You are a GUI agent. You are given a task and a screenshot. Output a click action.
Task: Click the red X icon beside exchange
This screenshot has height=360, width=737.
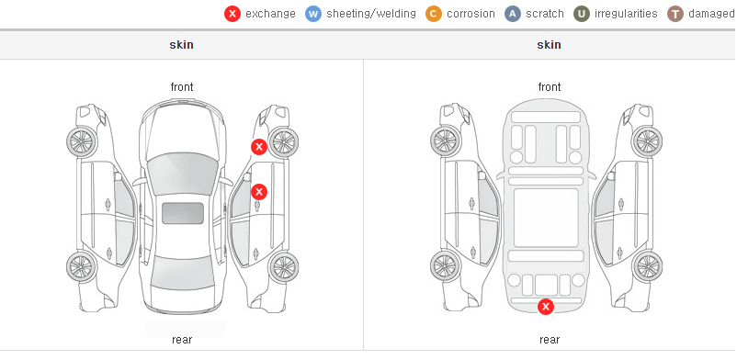pyautogui.click(x=232, y=14)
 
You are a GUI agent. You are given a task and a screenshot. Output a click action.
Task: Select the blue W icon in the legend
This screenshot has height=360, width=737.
pyautogui.click(x=313, y=14)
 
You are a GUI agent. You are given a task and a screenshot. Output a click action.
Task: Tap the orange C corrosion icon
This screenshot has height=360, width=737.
pyautogui.click(x=434, y=14)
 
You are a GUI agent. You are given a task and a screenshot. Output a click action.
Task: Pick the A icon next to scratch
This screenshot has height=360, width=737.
pyautogui.click(x=513, y=14)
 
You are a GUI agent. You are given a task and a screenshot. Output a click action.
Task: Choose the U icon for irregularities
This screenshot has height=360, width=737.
pyautogui.click(x=582, y=14)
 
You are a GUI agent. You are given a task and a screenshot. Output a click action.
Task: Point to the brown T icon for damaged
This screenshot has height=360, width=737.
pyautogui.click(x=675, y=14)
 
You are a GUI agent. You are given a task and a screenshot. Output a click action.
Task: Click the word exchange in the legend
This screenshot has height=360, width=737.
pyautogui.click(x=270, y=14)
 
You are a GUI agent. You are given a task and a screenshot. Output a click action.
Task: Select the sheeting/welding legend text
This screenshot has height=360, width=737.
pyautogui.click(x=371, y=14)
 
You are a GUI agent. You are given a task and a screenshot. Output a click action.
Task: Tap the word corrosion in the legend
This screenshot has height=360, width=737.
pyautogui.click(x=471, y=14)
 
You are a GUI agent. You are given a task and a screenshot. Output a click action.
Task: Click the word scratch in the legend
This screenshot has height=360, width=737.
pyautogui.click(x=545, y=14)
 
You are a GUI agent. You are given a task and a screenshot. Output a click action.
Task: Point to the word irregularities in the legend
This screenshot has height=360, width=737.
pyautogui.click(x=626, y=14)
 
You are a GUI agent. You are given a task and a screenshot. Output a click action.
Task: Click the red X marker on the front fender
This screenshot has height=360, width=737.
pyautogui.click(x=258, y=147)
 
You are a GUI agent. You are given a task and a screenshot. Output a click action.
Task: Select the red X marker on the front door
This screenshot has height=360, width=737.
pyautogui.click(x=259, y=192)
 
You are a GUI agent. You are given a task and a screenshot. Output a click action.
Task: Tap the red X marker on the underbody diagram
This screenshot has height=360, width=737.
pyautogui.click(x=546, y=307)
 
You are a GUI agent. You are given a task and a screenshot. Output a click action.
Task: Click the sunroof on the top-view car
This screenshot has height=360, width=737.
pyautogui.click(x=183, y=213)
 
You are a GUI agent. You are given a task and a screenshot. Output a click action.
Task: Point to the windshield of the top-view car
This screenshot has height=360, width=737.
pyautogui.click(x=182, y=174)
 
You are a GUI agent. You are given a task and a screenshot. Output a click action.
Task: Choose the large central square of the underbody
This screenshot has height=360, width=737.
pyautogui.click(x=546, y=218)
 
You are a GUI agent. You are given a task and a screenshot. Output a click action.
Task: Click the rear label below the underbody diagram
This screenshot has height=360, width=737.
pyautogui.click(x=550, y=340)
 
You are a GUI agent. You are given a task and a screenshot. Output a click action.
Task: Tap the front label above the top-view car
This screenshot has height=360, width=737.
pyautogui.click(x=182, y=87)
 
